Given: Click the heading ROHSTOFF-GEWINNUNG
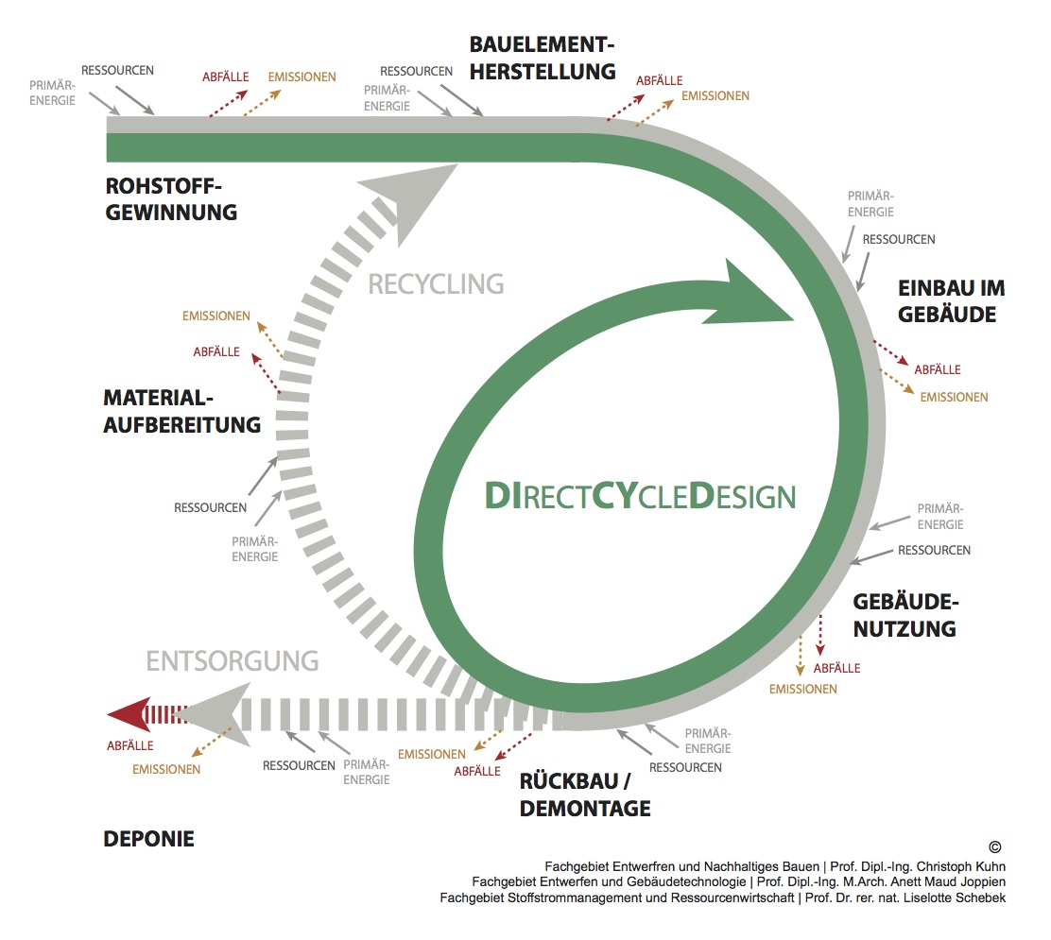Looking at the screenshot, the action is (x=171, y=199).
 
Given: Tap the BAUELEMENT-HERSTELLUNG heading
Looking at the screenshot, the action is (x=543, y=59).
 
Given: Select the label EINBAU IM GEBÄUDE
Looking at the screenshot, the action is (x=951, y=301).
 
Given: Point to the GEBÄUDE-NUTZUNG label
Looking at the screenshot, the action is (x=905, y=615).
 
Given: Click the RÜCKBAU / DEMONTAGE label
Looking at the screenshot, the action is (x=584, y=795).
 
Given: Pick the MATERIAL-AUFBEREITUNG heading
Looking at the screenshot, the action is (x=181, y=411).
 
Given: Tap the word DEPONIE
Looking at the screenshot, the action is (x=148, y=839).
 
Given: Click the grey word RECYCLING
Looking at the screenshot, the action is (x=436, y=284).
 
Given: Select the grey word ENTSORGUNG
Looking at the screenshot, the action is (x=233, y=661).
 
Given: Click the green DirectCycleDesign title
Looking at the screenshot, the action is (x=640, y=496).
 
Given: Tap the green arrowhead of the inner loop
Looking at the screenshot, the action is (x=754, y=295).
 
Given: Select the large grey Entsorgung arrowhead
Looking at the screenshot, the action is (x=214, y=715).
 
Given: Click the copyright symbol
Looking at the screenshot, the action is (x=994, y=846).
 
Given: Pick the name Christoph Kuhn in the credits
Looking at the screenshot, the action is (x=961, y=866).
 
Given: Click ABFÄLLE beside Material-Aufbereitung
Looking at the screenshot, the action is (x=216, y=351).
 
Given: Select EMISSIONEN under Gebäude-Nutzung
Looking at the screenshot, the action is (x=803, y=689).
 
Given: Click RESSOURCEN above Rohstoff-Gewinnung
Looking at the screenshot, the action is (x=117, y=70).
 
